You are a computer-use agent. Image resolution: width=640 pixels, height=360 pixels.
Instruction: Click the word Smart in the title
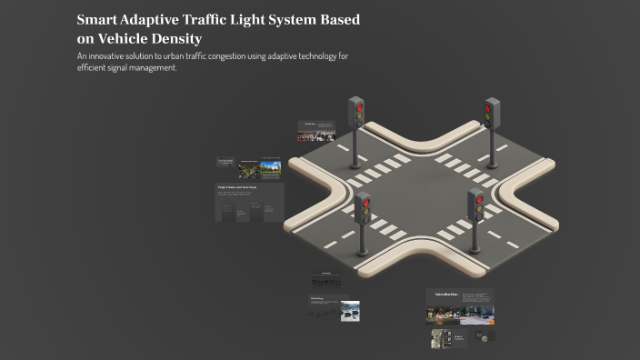[97, 20]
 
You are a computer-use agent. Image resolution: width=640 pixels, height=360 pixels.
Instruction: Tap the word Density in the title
[175, 39]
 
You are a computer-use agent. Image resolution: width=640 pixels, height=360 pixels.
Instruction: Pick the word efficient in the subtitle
[95, 67]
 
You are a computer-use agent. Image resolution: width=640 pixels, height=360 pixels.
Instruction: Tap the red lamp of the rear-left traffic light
[358, 106]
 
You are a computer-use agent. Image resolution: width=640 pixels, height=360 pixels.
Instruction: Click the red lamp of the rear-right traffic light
[489, 107]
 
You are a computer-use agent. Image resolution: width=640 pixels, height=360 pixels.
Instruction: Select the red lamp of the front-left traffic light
[365, 205]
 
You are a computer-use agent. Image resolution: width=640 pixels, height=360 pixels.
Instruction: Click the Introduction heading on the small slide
[445, 294]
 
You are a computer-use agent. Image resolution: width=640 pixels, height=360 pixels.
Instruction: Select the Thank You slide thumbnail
[317, 132]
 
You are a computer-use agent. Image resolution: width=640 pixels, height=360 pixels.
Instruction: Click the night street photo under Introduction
[443, 315]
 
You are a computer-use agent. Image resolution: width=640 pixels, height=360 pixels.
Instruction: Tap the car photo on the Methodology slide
[350, 312]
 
